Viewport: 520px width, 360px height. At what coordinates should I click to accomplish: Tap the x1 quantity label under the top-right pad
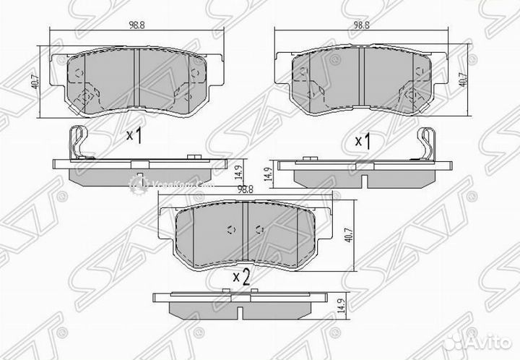tap(363, 140)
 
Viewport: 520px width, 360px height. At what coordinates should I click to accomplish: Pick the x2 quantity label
tap(241, 276)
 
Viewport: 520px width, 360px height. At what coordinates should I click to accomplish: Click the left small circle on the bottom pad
tap(230, 231)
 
